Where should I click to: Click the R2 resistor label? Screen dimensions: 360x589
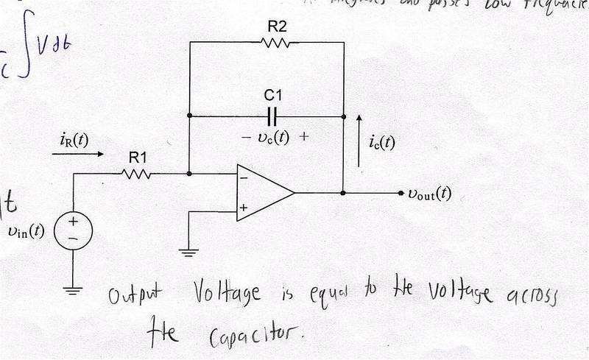(x=277, y=27)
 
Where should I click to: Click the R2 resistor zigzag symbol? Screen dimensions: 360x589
(x=278, y=43)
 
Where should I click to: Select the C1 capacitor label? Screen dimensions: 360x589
(x=272, y=96)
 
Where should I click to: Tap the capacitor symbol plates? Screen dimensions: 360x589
(x=272, y=116)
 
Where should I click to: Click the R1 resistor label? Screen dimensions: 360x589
(x=138, y=157)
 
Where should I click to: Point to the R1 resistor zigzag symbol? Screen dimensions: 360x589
(x=138, y=174)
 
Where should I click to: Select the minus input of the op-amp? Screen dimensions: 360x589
(x=243, y=177)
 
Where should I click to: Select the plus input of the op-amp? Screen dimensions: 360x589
(x=242, y=209)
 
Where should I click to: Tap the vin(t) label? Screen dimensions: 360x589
(x=24, y=231)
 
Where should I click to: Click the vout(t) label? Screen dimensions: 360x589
(x=429, y=194)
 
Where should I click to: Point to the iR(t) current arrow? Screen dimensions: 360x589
(x=71, y=155)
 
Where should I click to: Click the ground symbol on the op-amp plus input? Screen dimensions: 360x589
(x=189, y=253)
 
